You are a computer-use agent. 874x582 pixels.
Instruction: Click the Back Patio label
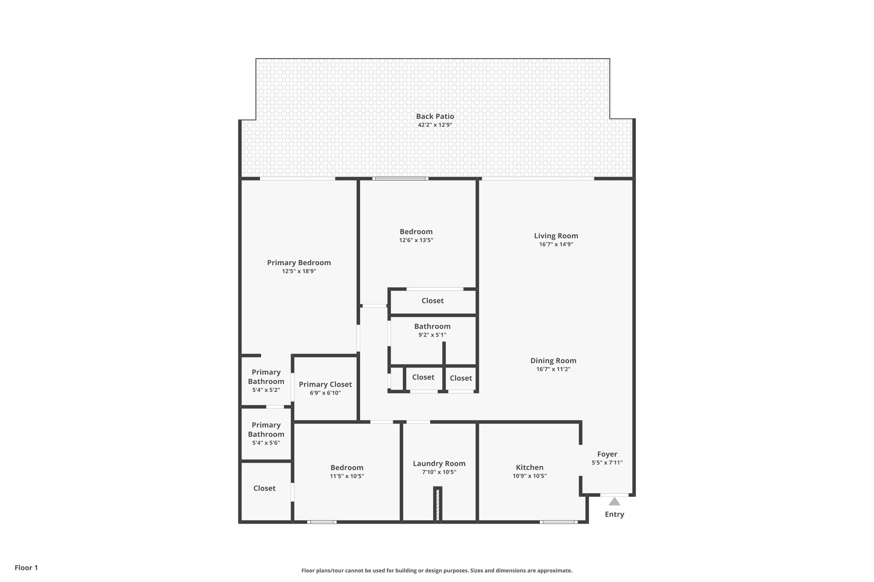[x=435, y=116]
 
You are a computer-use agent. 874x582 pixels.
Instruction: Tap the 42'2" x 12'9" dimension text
[x=435, y=125]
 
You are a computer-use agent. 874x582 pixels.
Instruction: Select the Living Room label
[x=556, y=236]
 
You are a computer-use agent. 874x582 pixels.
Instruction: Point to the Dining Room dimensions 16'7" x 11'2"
[x=553, y=369]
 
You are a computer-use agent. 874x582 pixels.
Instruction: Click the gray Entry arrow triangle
[x=614, y=501]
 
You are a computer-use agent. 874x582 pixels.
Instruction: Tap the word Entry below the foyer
[x=614, y=514]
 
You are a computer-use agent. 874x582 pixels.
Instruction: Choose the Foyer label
[x=607, y=454]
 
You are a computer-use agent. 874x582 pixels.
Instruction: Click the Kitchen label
[x=530, y=467]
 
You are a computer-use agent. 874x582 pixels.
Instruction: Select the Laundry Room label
[x=439, y=463]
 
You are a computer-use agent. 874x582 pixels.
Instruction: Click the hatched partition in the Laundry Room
[x=437, y=504]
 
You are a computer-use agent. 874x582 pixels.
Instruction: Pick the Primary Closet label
[x=325, y=384]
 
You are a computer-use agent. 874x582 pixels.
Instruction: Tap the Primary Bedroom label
[x=299, y=263]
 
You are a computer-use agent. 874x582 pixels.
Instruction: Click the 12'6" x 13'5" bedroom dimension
[x=416, y=240]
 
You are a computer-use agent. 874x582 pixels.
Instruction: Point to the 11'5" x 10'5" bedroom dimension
[x=347, y=476]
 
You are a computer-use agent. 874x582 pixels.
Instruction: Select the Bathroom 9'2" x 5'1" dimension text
[x=432, y=335]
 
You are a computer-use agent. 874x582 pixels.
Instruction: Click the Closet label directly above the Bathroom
[x=432, y=301]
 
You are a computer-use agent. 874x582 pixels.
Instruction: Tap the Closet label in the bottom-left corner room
[x=264, y=488]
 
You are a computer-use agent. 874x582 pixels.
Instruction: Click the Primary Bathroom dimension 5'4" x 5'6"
[x=266, y=443]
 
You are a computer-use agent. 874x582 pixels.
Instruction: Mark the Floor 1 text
[x=26, y=568]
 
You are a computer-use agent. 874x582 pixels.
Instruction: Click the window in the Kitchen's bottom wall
[x=559, y=522]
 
